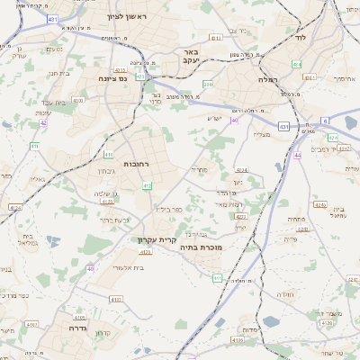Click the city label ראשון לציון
tap(132, 17)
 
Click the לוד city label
tap(300, 39)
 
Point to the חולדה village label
tap(287, 294)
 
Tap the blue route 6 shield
tap(325, 120)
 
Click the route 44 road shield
tap(296, 155)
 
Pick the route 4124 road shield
tap(15, 208)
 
